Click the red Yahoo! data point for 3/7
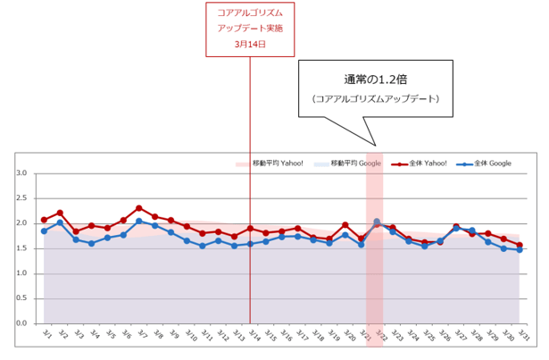tap(138, 208)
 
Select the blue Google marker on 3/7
tap(138, 221)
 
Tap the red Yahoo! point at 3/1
tap(44, 220)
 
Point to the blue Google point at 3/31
tap(520, 250)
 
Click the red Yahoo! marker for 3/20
tap(345, 225)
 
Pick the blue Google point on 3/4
tap(91, 243)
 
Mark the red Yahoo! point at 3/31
tap(520, 245)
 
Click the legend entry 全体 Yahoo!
tap(423, 163)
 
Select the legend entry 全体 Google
tap(486, 163)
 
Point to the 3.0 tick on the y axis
tap(22, 173)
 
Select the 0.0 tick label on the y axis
tap(22, 323)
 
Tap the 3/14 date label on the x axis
tap(251, 336)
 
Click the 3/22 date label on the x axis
tap(378, 336)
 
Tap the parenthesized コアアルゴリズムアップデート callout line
tap(376, 98)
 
